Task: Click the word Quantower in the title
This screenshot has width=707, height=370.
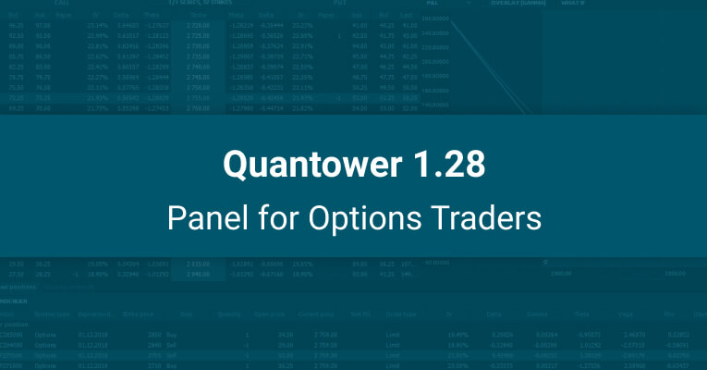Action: click(x=306, y=166)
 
